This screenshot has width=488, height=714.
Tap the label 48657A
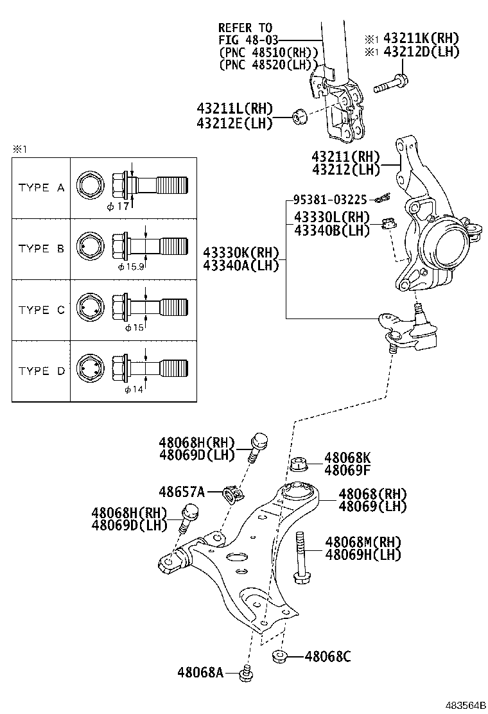pyautogui.click(x=182, y=492)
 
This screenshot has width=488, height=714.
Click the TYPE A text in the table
pyautogui.click(x=42, y=187)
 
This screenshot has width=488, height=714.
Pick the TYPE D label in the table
pyautogui.click(x=42, y=371)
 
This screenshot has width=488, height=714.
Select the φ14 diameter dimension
pyautogui.click(x=134, y=389)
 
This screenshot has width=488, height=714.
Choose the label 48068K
pyautogui.click(x=347, y=458)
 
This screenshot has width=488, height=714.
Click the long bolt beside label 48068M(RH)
pyautogui.click(x=299, y=557)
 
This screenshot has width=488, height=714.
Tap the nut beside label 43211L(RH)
pyautogui.click(x=298, y=117)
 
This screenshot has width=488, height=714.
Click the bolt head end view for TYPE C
pyautogui.click(x=89, y=309)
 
